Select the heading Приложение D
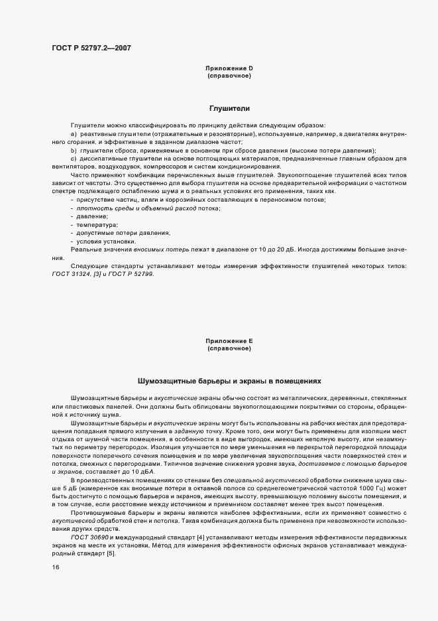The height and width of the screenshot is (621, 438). [x=229, y=69]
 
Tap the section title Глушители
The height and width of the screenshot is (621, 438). [x=229, y=108]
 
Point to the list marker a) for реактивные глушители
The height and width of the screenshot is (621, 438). [x=74, y=135]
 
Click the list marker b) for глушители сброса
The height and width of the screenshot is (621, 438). [x=74, y=151]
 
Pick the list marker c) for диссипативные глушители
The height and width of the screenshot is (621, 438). [x=74, y=159]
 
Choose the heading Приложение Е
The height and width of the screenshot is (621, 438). [x=229, y=341]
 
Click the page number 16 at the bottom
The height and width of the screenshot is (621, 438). [x=56, y=567]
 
